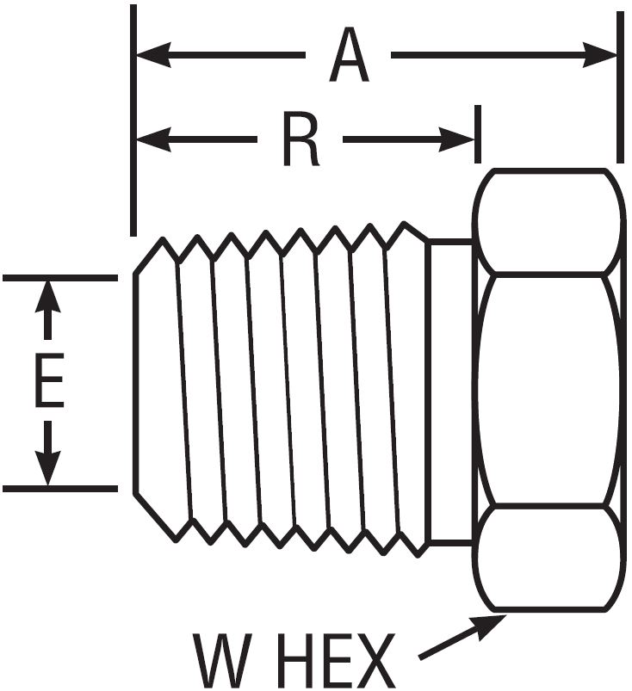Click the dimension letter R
pos(300,140)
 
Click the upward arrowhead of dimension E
pos(48,298)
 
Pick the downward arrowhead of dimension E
pos(48,470)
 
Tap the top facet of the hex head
pos(548,221)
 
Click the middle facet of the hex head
pos(548,389)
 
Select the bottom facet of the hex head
pos(548,558)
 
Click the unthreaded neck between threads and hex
pos(449,392)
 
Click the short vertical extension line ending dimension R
pos(476,133)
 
